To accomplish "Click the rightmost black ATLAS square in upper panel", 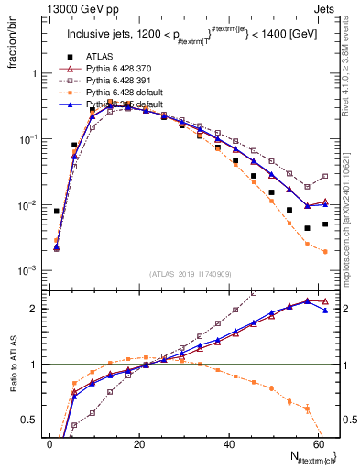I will click(x=325, y=224).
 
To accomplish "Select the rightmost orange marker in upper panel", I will click(x=325, y=252).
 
